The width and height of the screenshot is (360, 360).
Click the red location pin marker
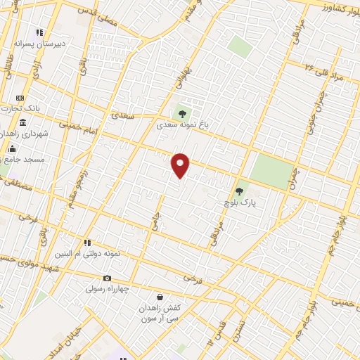tap(181, 165)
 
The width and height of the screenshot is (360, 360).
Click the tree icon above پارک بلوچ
tap(239, 191)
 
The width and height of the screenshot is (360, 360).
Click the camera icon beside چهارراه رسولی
tap(107, 278)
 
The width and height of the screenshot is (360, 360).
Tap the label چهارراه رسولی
tap(107, 289)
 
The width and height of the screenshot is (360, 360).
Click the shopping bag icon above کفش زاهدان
tap(160, 297)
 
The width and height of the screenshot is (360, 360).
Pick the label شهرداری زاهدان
tap(23, 134)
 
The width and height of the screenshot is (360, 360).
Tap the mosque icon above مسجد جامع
tap(12, 149)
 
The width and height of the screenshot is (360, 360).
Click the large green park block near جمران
tap(271, 171)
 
